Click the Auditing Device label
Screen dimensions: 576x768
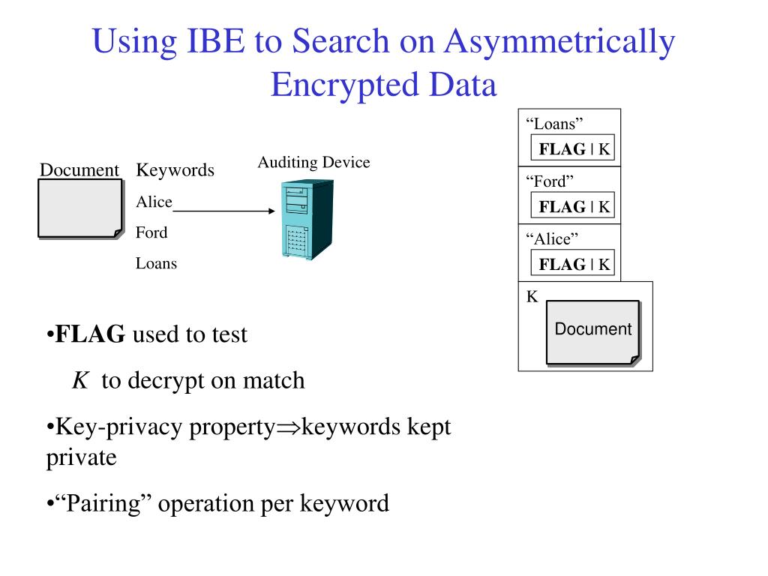coord(313,163)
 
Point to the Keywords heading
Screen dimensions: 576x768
coord(175,170)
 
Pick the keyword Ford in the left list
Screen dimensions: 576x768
coord(151,232)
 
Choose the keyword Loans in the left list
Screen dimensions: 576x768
coord(156,263)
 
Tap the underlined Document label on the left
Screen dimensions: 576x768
coord(79,170)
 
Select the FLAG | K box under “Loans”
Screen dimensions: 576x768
coord(573,149)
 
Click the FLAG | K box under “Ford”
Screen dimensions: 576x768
coord(573,206)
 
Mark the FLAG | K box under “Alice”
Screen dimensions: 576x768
coord(573,264)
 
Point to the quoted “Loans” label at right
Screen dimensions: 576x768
coord(554,124)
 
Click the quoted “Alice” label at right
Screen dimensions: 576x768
coord(552,238)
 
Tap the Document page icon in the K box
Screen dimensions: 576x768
coord(592,332)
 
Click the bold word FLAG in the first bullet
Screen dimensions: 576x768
coord(91,334)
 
